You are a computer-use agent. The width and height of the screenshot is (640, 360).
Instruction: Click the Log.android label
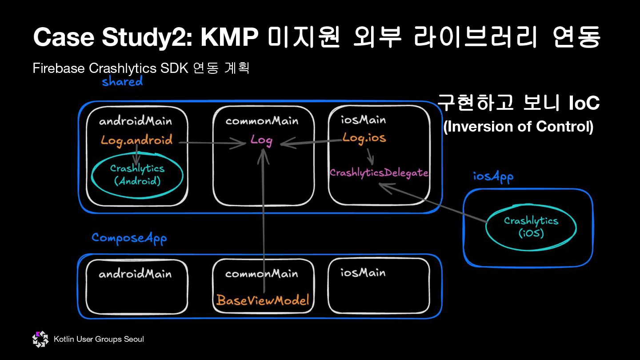tap(136, 140)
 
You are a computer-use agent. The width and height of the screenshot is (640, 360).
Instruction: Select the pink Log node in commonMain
tap(261, 140)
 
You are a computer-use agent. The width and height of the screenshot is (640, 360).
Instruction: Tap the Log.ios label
tap(364, 138)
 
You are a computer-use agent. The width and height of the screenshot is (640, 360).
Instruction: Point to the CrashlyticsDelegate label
tap(379, 173)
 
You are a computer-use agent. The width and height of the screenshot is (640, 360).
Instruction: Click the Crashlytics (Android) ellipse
tap(137, 175)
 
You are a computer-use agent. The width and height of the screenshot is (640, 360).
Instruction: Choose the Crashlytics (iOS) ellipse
tap(531, 227)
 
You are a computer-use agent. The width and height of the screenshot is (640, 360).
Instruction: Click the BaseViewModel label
tap(263, 300)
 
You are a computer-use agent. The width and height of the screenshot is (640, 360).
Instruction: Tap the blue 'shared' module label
tap(122, 81)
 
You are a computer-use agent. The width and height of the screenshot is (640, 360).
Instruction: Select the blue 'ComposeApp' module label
tap(129, 238)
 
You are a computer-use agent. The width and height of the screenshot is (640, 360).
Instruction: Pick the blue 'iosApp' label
tap(493, 176)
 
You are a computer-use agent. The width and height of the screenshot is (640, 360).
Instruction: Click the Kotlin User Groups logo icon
tap(40, 340)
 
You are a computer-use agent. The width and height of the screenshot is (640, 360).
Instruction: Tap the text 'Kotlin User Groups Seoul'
tap(99, 340)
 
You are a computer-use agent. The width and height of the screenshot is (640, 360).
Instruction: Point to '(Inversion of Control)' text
tap(518, 127)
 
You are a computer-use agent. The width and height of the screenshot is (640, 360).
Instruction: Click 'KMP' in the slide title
tap(229, 37)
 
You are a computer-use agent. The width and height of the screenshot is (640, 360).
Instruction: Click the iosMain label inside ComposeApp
tap(363, 272)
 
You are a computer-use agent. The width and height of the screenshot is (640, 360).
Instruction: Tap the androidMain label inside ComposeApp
tap(135, 273)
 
